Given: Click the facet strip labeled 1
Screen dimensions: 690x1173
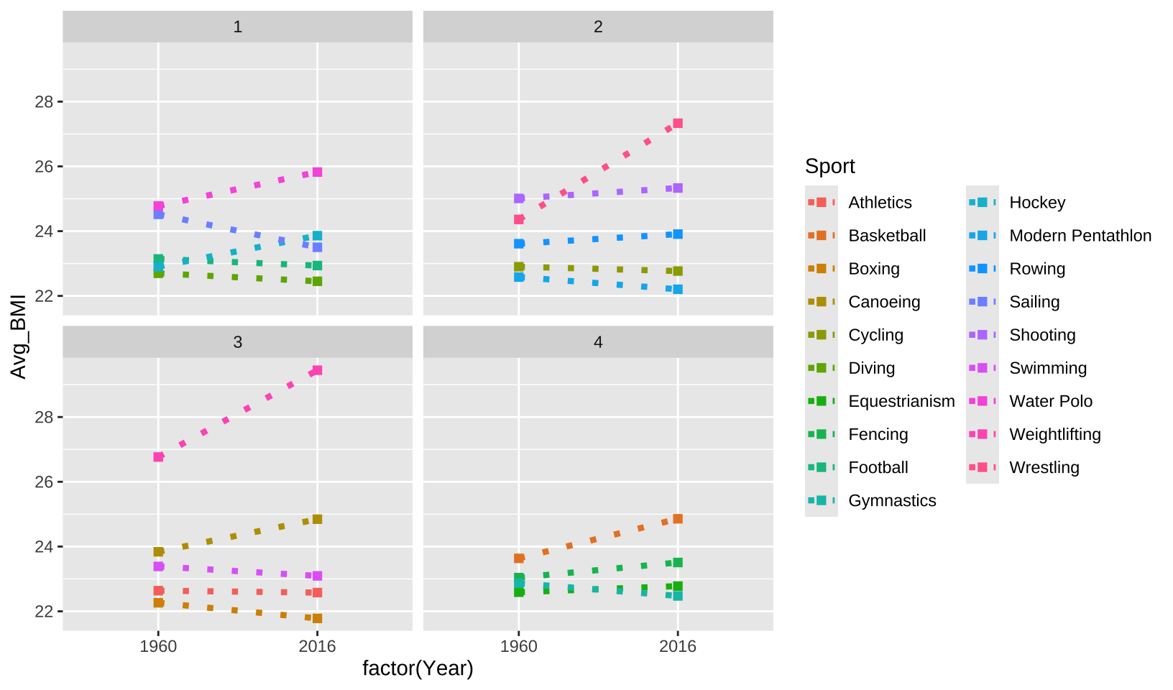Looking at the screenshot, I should (x=237, y=27).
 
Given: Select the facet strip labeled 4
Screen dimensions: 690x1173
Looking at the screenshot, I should (x=598, y=342).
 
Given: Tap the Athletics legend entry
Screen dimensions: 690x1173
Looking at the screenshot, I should (x=880, y=203).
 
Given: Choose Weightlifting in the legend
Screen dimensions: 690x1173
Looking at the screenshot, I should (x=1054, y=434).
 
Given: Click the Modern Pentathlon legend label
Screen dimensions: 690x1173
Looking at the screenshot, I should (x=1080, y=236).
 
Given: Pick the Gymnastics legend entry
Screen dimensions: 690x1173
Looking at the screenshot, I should (x=892, y=500).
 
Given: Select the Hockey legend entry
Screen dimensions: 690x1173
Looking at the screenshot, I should (x=1036, y=203).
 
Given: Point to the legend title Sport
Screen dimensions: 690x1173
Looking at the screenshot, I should (x=829, y=166).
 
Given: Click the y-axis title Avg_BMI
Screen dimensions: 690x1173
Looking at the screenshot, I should (x=18, y=336).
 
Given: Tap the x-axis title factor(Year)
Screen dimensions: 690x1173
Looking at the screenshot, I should (x=418, y=668).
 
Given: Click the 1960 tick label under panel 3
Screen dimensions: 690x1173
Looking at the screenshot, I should (x=158, y=646).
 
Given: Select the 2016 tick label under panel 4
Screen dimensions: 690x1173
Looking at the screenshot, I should (x=678, y=646).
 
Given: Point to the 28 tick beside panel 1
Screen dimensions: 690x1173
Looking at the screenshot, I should (x=44, y=102).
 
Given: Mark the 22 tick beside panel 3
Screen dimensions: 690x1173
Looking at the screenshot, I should (x=44, y=612).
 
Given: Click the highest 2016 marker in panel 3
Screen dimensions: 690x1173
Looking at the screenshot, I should (x=317, y=370).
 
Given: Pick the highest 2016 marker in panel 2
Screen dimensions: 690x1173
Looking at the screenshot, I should (x=678, y=124).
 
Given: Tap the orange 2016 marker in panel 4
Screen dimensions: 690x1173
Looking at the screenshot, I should (x=678, y=519).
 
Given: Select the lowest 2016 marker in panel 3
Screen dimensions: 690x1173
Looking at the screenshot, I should (x=317, y=618).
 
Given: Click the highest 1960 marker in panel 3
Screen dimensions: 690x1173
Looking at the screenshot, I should (x=158, y=456).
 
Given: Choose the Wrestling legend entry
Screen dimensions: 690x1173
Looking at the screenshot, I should (x=1044, y=467).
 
